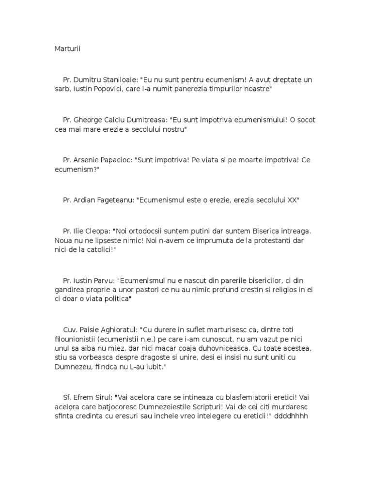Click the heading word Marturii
pyautogui.click(x=66, y=48)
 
